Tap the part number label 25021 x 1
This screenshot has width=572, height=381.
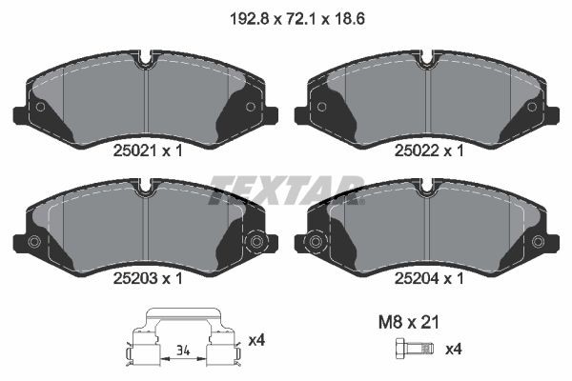pyautogui.click(x=145, y=150)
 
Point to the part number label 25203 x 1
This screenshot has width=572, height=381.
pyautogui.click(x=145, y=279)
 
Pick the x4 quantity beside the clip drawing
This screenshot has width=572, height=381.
pyautogui.click(x=256, y=340)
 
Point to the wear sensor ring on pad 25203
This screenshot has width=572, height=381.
pyautogui.click(x=255, y=243)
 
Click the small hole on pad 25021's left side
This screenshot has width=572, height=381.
pyautogui.click(x=39, y=107)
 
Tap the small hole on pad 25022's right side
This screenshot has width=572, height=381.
pyautogui.click(x=533, y=107)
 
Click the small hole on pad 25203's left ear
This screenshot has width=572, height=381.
pyautogui.click(x=34, y=242)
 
